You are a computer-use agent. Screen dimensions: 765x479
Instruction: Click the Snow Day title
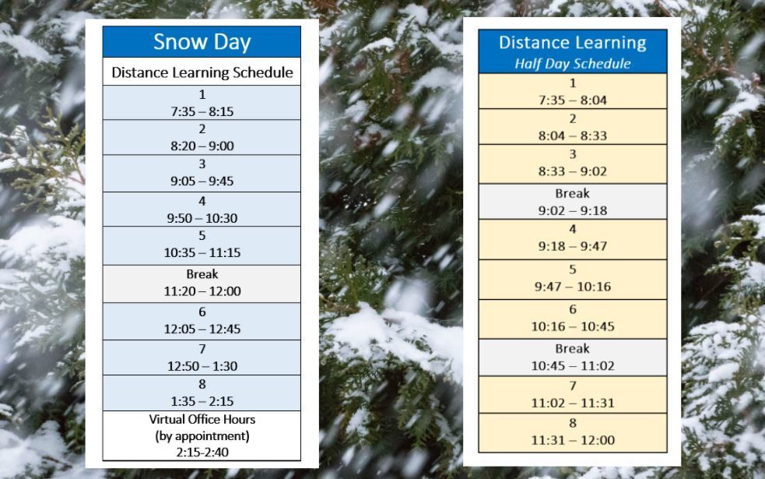click(202, 42)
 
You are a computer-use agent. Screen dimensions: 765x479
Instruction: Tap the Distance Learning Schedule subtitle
click(202, 72)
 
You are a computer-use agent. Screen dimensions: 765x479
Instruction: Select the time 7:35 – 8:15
click(202, 111)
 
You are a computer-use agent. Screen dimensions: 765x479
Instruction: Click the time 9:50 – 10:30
click(202, 218)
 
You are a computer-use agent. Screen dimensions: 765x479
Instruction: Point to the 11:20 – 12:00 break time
click(202, 291)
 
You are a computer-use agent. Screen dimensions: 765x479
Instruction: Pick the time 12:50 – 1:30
click(202, 366)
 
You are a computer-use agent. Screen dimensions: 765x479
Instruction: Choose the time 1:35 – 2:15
click(202, 401)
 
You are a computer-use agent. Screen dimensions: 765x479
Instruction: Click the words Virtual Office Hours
click(202, 419)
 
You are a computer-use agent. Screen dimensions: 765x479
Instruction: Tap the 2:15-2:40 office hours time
click(202, 453)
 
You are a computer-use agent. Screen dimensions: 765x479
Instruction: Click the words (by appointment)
click(202, 435)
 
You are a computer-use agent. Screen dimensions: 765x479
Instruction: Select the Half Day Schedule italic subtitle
click(573, 63)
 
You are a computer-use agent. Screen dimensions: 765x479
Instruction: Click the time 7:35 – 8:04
click(573, 100)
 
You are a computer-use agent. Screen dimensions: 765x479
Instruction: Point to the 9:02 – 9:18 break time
click(573, 210)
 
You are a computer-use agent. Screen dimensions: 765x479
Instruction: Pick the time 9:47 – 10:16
click(573, 286)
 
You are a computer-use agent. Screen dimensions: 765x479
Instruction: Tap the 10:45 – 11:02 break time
click(573, 366)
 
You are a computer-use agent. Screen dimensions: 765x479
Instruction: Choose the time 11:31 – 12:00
click(573, 440)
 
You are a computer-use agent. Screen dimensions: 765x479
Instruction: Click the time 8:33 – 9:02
click(573, 171)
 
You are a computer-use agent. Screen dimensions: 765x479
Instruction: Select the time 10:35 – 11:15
click(202, 252)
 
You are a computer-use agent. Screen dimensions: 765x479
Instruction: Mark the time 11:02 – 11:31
click(573, 403)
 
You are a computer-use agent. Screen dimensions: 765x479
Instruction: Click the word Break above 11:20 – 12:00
click(202, 274)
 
